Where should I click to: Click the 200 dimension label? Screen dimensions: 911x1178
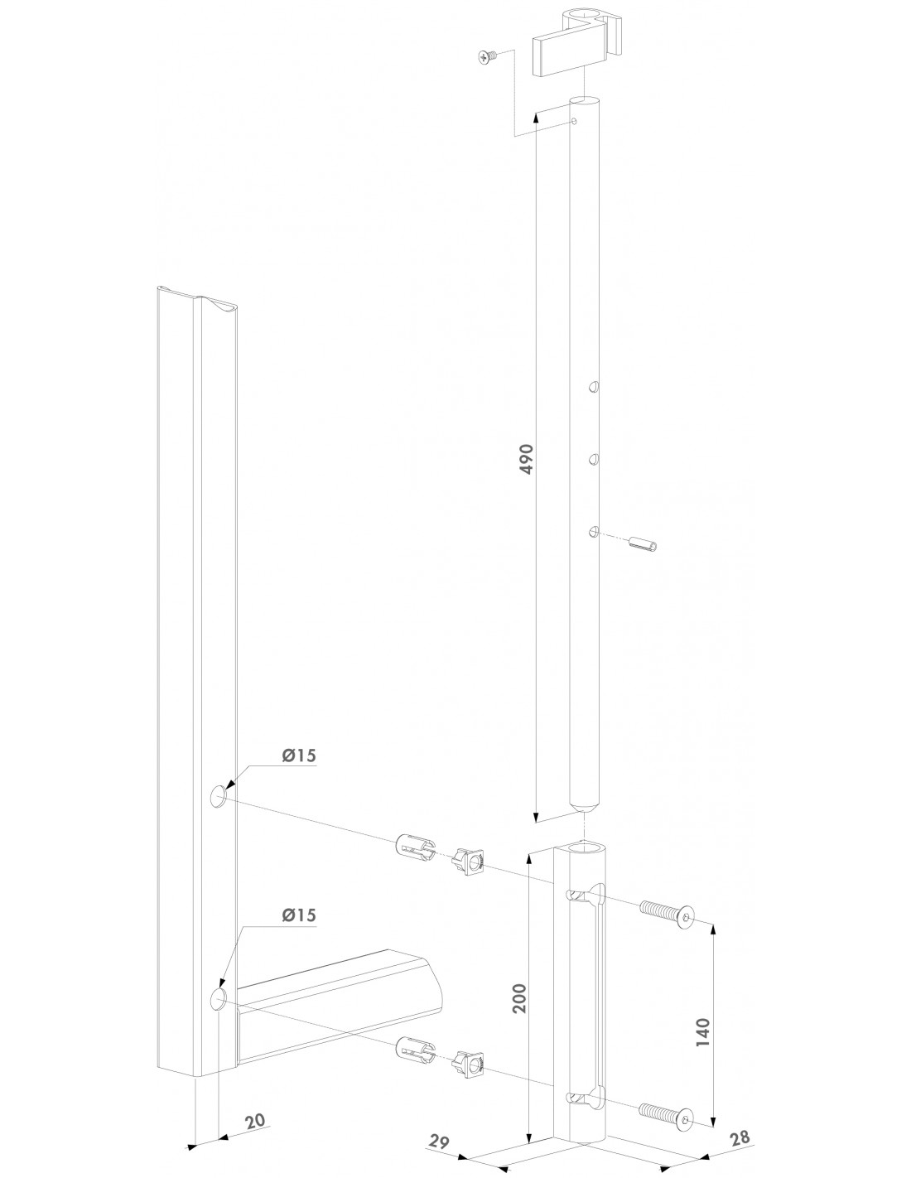click(x=519, y=998)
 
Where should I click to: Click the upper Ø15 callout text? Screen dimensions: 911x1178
click(x=299, y=756)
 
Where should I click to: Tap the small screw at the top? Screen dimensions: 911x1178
click(x=487, y=57)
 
